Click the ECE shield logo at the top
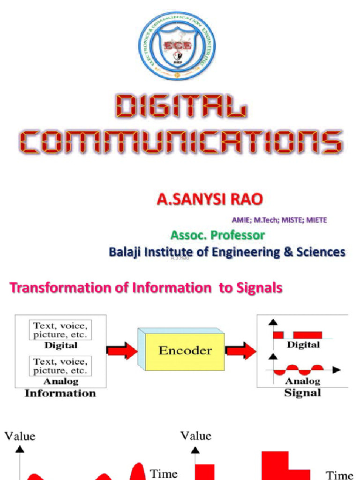tap(177, 46)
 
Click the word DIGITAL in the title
tap(181, 106)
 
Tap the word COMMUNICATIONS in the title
tap(181, 142)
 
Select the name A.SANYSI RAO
tap(210, 200)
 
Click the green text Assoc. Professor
tap(217, 234)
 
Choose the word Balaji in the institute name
tap(125, 252)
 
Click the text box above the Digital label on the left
tap(60, 330)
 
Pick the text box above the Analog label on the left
tap(60, 366)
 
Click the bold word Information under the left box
tap(60, 393)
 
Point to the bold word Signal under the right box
tap(302, 393)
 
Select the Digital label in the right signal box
tap(303, 345)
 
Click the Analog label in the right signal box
tap(303, 381)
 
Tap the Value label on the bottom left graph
tap(20, 436)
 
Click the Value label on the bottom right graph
tap(196, 436)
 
